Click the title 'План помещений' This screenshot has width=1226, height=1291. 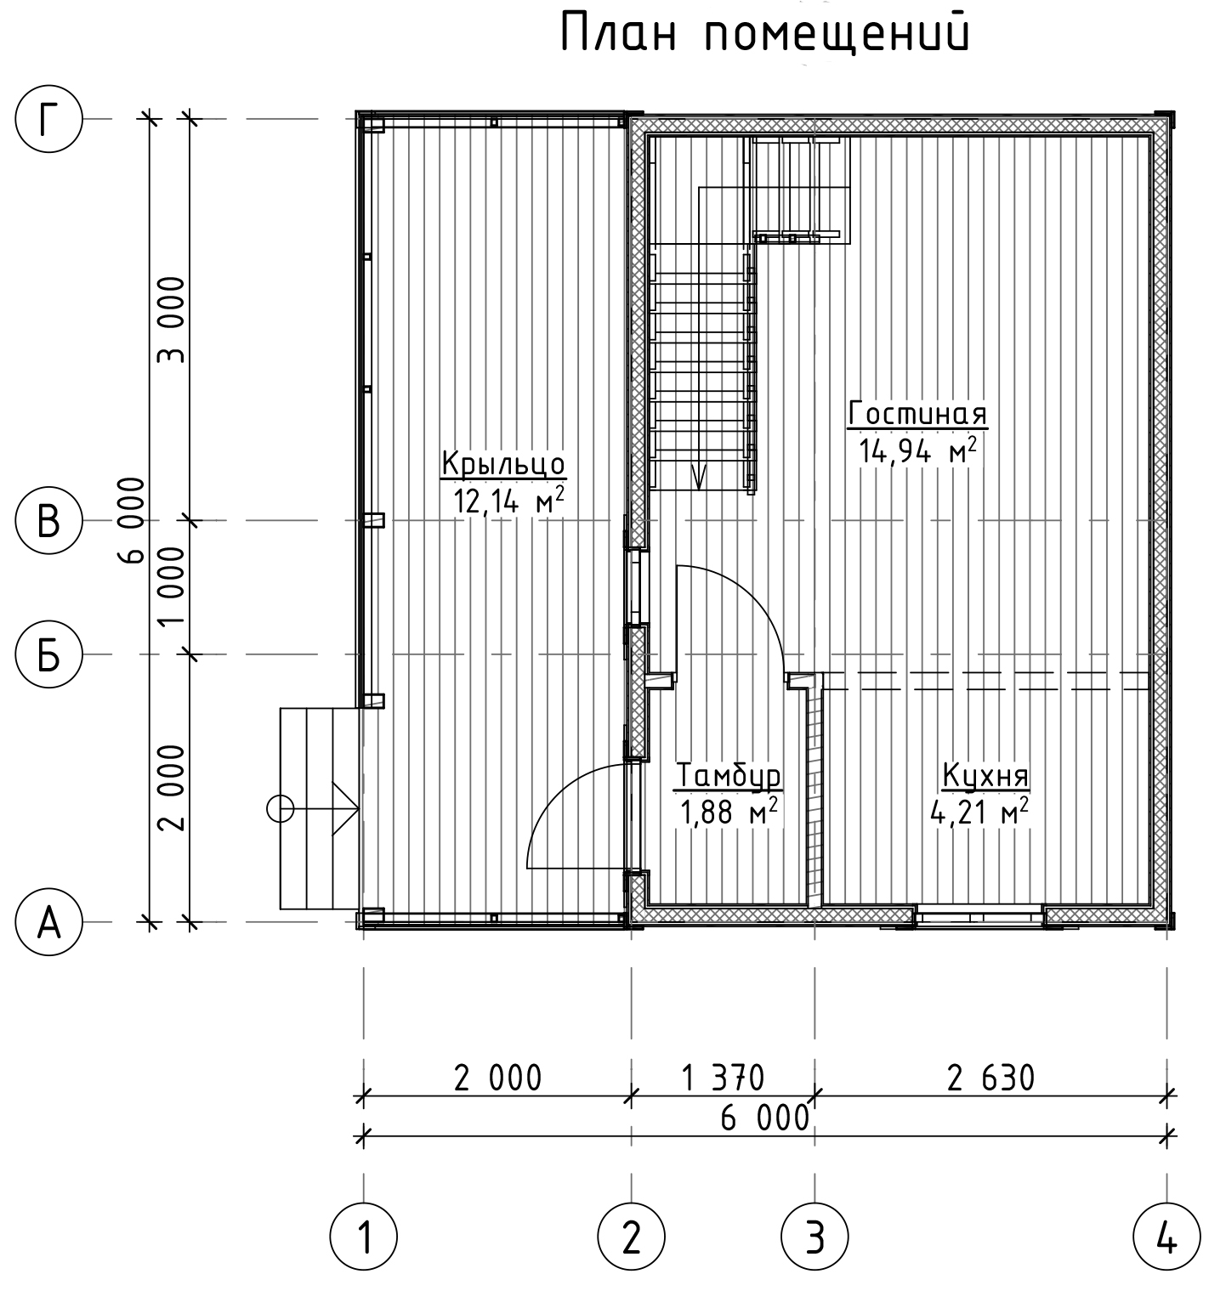pyautogui.click(x=764, y=35)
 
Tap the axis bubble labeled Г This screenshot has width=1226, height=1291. pyautogui.click(x=49, y=119)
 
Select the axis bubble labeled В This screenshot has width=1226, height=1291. pyautogui.click(x=49, y=520)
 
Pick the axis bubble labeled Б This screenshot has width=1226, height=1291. pyautogui.click(x=49, y=654)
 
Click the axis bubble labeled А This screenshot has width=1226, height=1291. pyautogui.click(x=49, y=921)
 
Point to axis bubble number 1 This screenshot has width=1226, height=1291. pyautogui.click(x=364, y=1240)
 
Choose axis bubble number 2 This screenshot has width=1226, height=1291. pyautogui.click(x=631, y=1240)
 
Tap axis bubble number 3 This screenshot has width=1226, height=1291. pyautogui.click(x=815, y=1240)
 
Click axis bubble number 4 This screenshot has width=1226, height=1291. pyautogui.click(x=1166, y=1240)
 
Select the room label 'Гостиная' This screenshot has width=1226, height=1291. pyautogui.click(x=918, y=414)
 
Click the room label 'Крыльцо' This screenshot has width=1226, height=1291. pyautogui.click(x=503, y=465)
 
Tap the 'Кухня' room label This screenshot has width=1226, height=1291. pyautogui.click(x=985, y=776)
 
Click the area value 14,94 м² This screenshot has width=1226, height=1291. pyautogui.click(x=917, y=450)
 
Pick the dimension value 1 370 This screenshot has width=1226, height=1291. pyautogui.click(x=724, y=1078)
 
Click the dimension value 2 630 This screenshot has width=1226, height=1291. pyautogui.click(x=991, y=1078)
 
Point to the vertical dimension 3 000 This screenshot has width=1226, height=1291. pyautogui.click(x=173, y=319)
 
